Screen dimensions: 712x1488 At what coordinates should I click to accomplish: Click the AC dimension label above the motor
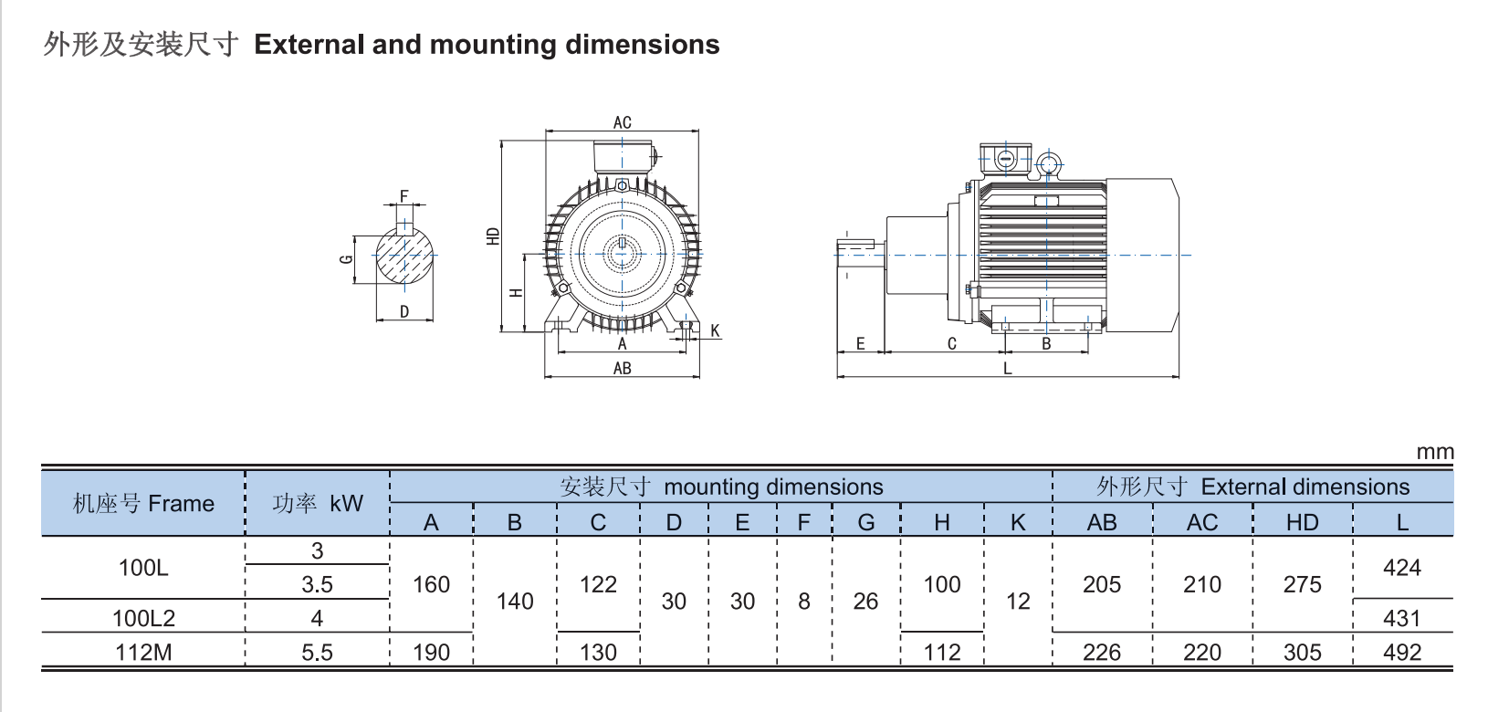622,122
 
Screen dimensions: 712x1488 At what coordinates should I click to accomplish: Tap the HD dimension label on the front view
494,236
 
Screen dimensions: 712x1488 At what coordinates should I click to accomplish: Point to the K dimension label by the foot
715,331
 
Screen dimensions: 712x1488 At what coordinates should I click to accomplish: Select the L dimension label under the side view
1007,369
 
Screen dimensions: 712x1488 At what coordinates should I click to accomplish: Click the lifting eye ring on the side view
1049,165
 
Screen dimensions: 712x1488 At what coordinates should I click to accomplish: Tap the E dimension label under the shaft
860,344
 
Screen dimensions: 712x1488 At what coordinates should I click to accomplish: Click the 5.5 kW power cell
317,653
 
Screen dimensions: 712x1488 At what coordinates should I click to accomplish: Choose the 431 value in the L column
1401,618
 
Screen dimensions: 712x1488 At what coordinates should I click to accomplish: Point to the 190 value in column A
431,653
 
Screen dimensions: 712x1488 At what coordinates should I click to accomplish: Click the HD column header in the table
1302,522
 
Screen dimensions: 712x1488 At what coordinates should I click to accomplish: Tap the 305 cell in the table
1302,653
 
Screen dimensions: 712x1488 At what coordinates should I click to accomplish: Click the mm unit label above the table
1434,452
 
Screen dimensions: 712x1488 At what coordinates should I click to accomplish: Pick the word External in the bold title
310,45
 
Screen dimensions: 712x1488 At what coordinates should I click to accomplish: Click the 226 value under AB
1101,653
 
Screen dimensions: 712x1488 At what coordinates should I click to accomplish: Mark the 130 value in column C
598,653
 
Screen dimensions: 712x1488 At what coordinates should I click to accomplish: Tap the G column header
865,522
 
